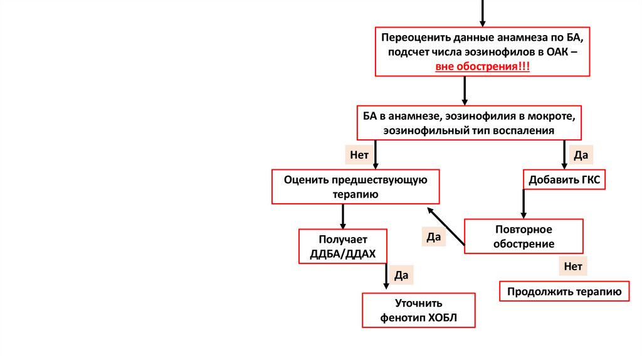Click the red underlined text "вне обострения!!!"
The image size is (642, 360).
pos(483,66)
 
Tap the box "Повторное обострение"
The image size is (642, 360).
pos(524,236)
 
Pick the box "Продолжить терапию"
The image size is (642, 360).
pos(564,292)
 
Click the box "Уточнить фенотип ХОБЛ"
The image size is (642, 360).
pos(419,310)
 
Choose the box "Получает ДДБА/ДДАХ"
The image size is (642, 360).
pos(343,246)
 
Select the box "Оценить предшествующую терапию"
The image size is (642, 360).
pos(355,187)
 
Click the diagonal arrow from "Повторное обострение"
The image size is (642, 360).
pos(446,227)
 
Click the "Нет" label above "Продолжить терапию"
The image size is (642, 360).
pos(573,266)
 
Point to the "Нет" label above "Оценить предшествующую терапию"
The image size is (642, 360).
pos(359,154)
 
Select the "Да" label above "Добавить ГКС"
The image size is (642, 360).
pos(579,154)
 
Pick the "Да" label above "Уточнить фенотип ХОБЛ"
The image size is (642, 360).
pos(401,275)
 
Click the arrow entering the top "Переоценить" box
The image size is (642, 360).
pos(482,13)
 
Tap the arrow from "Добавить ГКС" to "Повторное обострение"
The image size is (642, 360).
pos(523,204)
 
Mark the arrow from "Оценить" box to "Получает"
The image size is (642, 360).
pos(343,216)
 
